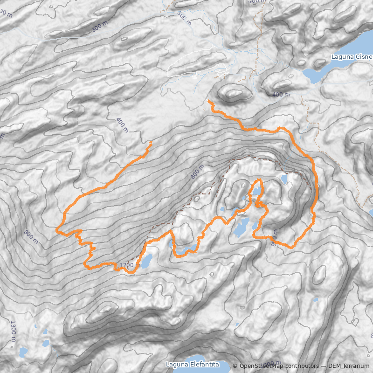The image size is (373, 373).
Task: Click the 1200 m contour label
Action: pyautogui.click(x=130, y=265)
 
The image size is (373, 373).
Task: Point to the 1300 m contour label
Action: pyautogui.click(x=13, y=330)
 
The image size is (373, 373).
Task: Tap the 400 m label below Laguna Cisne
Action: pyautogui.click(x=281, y=95)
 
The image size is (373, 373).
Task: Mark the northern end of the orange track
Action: pyautogui.click(x=208, y=101)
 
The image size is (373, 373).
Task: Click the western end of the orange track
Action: pyautogui.click(x=151, y=141)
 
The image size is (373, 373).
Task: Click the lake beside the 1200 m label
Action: pyautogui.click(x=145, y=261)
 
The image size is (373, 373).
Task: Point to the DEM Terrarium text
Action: pyautogui.click(x=349, y=366)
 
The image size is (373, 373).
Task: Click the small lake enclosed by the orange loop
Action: pyautogui.click(x=256, y=190)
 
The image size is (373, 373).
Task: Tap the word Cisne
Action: pyautogui.click(x=364, y=57)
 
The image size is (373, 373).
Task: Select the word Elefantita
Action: pyautogui.click(x=204, y=364)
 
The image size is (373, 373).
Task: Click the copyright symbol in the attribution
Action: pyautogui.click(x=235, y=366)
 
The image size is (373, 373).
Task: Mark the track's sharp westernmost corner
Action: pyautogui.click(x=56, y=230)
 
